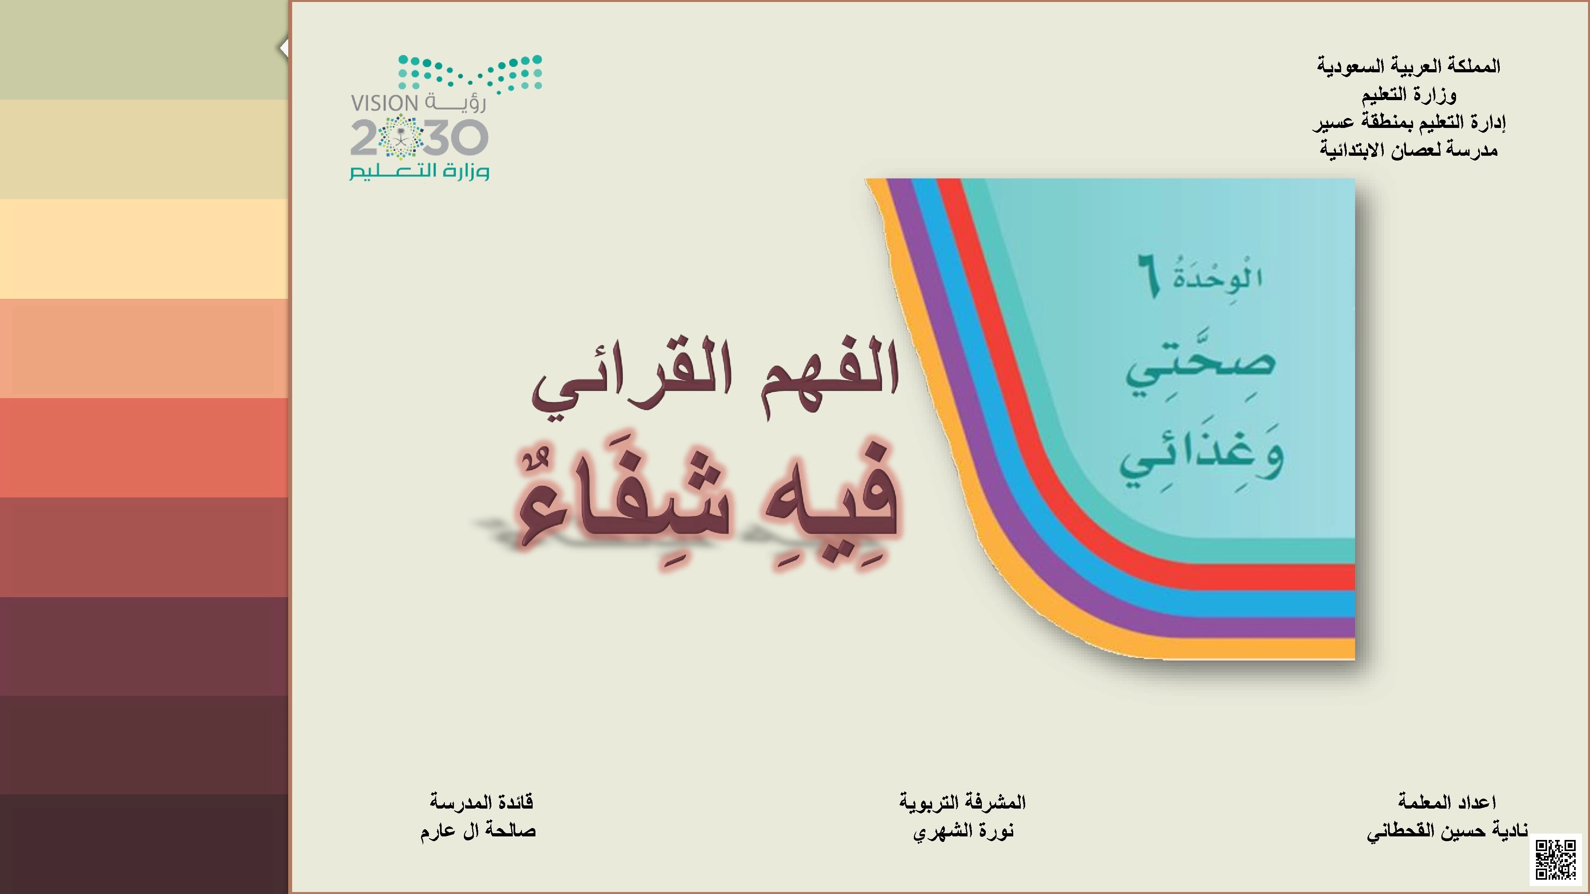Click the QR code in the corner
[x=1556, y=859]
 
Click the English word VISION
[x=384, y=103]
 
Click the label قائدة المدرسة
[x=481, y=802]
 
